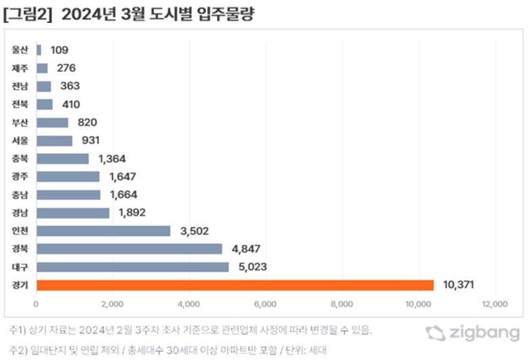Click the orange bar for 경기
point(235,285)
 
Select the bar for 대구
point(132,266)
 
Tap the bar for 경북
point(129,249)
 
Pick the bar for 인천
point(103,231)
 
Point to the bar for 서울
point(54,140)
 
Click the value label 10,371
point(459,285)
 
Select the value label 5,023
point(254,266)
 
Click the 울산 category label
point(20,50)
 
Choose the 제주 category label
point(20,68)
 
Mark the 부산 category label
point(20,123)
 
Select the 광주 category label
point(20,176)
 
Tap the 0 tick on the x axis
point(36,302)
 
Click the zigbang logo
point(473,333)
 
